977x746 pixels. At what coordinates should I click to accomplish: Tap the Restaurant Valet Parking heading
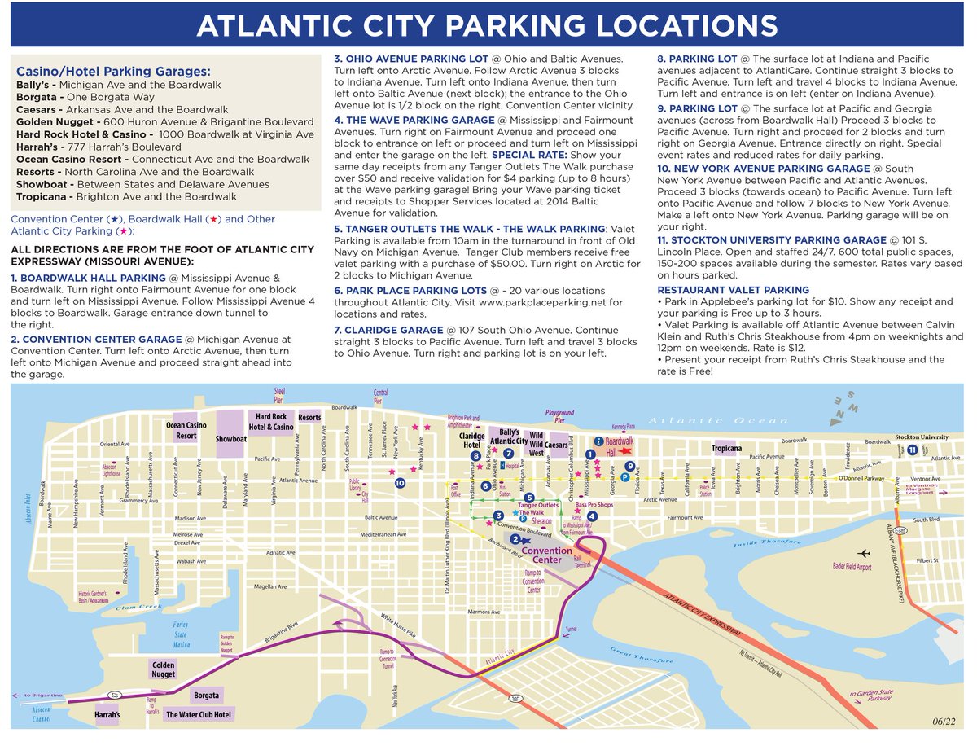pos(734,290)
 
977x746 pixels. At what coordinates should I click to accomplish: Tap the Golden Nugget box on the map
pos(164,669)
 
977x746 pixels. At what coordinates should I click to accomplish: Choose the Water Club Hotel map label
pos(199,715)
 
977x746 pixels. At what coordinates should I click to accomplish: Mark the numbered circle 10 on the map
pos(400,483)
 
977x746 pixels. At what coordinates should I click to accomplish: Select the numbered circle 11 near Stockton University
pos(913,449)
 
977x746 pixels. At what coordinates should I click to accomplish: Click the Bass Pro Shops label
pos(594,506)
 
